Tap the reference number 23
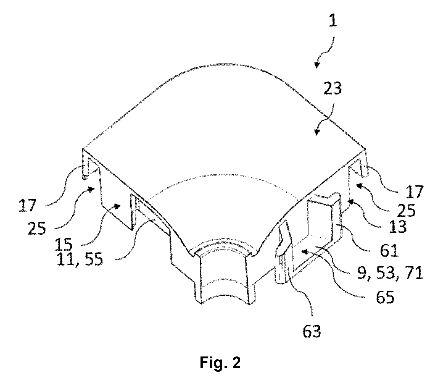click(333, 89)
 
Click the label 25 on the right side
click(406, 211)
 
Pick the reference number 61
click(388, 250)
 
